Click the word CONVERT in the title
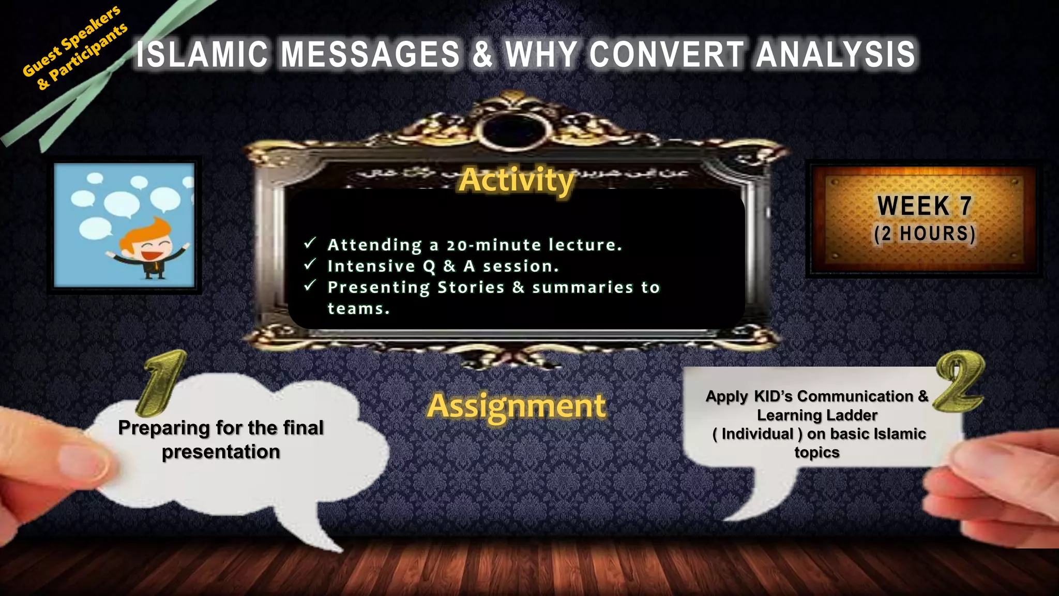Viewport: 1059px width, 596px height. point(667,54)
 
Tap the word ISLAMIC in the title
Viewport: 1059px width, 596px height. point(202,54)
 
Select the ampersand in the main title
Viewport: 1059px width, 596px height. point(482,54)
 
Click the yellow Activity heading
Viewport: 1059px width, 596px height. point(517,180)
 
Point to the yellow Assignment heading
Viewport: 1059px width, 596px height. point(516,406)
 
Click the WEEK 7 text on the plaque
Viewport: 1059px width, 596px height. point(924,206)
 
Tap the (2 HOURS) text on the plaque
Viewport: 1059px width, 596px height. point(925,234)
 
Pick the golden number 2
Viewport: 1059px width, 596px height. point(960,381)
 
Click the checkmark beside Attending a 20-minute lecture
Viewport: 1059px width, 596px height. point(310,243)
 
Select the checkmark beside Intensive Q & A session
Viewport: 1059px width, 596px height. point(310,264)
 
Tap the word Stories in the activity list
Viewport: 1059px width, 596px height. point(471,287)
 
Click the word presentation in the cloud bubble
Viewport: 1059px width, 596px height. point(221,452)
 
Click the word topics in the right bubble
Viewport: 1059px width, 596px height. point(816,452)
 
